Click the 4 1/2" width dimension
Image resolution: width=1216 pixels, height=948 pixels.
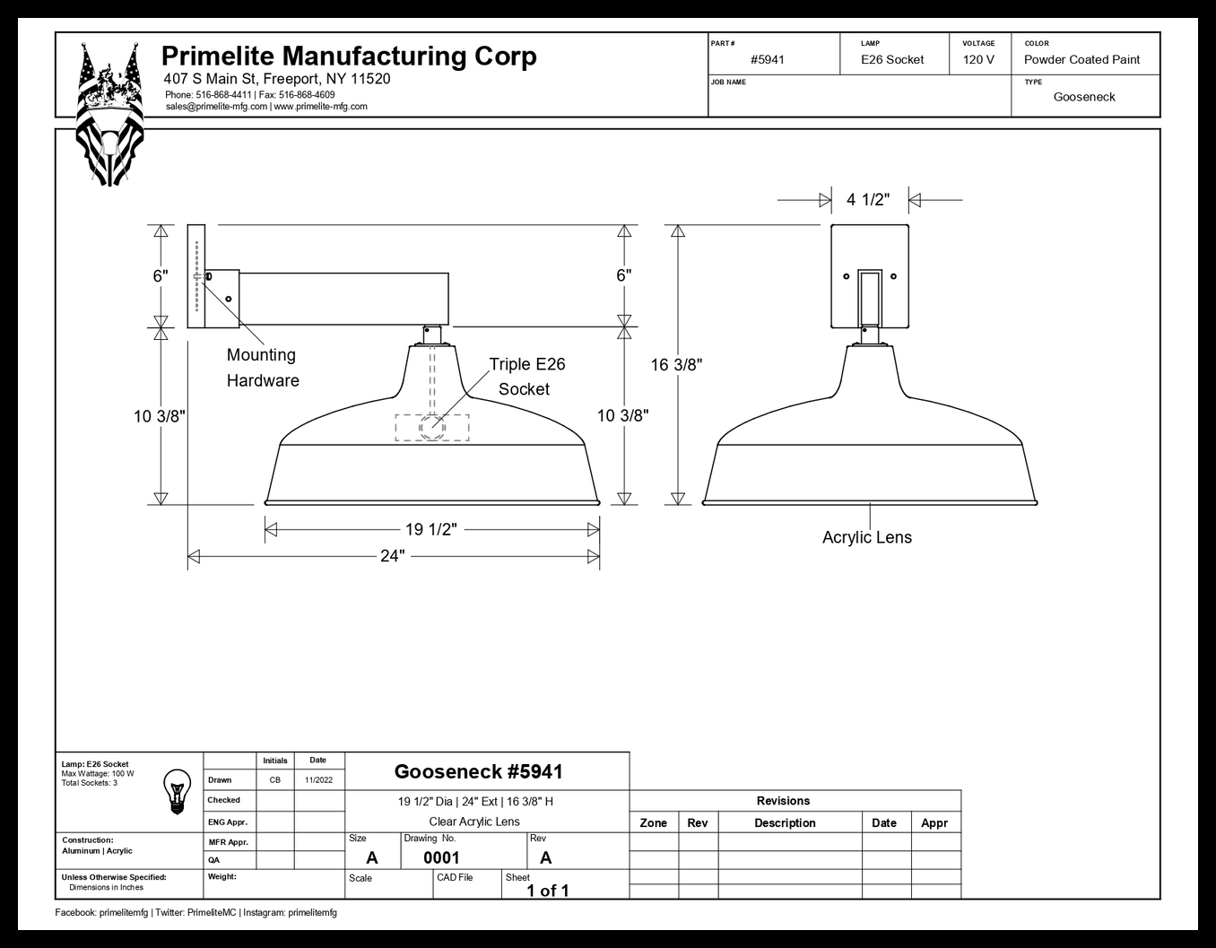(x=868, y=199)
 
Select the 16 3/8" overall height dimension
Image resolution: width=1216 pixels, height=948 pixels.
(x=676, y=365)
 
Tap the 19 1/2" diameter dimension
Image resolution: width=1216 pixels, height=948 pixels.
(x=430, y=529)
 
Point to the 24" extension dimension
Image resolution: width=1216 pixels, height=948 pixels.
(x=392, y=556)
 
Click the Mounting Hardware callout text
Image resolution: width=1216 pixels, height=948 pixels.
(x=263, y=368)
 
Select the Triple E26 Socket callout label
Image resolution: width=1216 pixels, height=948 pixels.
(x=526, y=376)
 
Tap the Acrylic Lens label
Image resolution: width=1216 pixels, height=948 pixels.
(x=867, y=537)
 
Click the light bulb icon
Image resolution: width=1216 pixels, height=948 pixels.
(x=177, y=791)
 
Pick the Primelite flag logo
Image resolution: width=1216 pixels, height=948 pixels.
(x=109, y=114)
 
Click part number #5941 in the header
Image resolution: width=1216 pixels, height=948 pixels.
(x=768, y=60)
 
